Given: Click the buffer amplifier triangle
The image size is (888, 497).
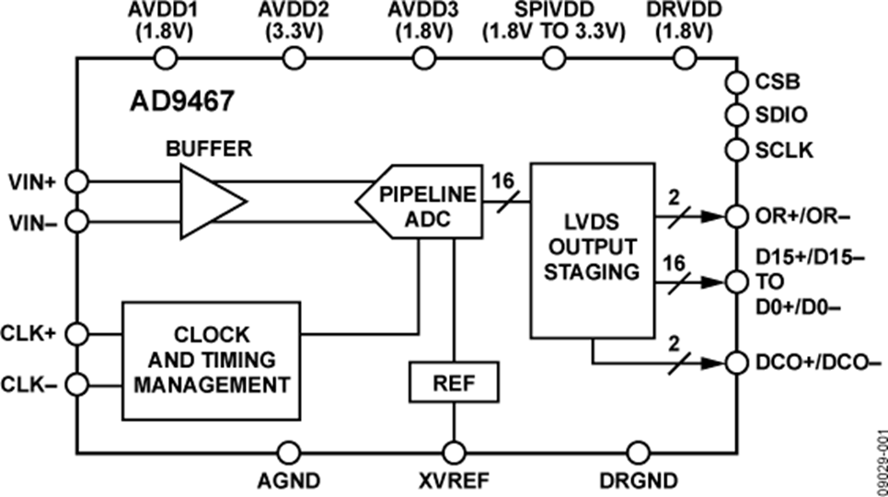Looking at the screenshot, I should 209,202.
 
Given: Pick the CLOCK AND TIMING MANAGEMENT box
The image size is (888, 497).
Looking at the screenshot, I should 211,359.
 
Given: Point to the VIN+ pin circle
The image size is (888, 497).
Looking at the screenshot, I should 78,182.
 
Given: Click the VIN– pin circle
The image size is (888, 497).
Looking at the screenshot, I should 78,221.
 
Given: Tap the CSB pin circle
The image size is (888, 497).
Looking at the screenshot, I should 736,83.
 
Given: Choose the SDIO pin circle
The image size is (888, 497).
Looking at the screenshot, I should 736,116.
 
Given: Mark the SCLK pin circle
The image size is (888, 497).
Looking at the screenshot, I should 736,149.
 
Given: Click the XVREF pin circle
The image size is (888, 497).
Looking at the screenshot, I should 454,452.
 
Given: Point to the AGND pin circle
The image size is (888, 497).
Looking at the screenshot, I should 289,452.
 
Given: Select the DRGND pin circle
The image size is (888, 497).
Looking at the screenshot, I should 636,452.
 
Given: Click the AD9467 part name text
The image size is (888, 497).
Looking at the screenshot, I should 180,101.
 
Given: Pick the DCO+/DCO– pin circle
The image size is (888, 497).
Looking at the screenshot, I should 736,362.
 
